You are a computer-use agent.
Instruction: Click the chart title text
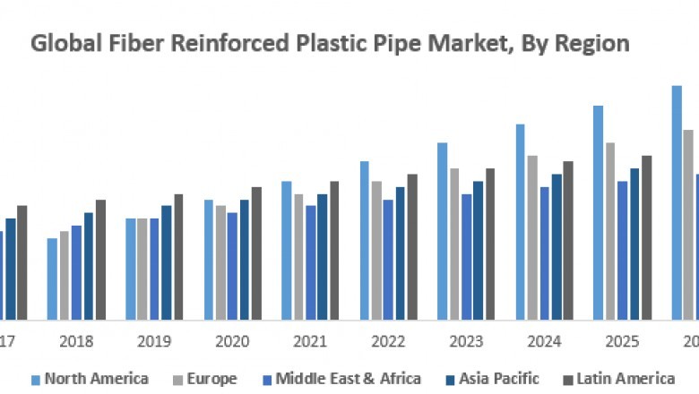(x=331, y=42)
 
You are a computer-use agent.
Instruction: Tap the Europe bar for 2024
(x=532, y=237)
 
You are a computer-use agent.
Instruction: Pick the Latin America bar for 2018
(x=100, y=260)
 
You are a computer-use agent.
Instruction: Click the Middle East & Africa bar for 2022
(x=388, y=260)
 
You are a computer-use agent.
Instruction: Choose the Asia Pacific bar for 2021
(x=322, y=257)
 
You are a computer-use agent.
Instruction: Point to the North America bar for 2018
(x=52, y=278)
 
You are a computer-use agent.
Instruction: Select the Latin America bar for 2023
(x=490, y=244)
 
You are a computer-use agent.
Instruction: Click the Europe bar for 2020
(x=220, y=262)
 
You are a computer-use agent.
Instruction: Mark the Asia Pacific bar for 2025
(x=634, y=244)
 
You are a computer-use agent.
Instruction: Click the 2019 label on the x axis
(x=155, y=342)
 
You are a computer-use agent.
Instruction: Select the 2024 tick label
(x=545, y=342)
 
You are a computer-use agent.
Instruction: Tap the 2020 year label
(x=233, y=342)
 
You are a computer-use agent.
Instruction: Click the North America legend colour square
(x=35, y=379)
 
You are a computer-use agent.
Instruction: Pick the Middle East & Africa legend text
(x=348, y=379)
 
